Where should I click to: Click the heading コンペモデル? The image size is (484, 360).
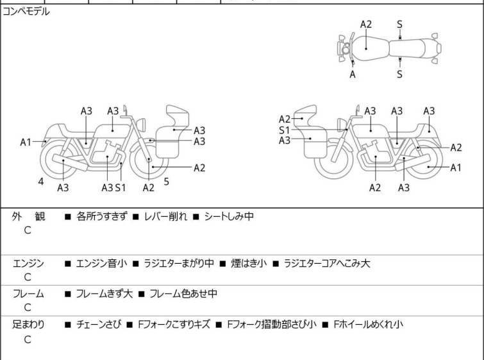point(26,12)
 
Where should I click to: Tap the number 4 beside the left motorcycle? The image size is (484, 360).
point(40,182)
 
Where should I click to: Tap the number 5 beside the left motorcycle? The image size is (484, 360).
point(166,182)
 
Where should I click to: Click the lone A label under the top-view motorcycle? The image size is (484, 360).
point(353,74)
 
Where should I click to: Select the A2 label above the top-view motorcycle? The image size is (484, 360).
point(365,24)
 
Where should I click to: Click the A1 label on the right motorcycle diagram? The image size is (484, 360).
point(456,167)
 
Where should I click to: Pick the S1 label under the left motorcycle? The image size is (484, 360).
point(121,187)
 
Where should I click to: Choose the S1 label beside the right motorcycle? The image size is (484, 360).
point(285,130)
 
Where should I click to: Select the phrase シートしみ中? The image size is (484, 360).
point(229,216)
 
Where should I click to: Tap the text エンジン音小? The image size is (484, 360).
point(101,263)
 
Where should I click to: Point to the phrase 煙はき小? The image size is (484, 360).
point(242,263)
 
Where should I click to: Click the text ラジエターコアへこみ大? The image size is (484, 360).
point(327,263)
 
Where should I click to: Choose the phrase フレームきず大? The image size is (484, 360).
point(104,294)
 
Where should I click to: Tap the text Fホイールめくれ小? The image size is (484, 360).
point(368,325)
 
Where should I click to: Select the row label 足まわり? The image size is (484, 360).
point(29,325)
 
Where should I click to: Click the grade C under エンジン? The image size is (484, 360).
point(28,277)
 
